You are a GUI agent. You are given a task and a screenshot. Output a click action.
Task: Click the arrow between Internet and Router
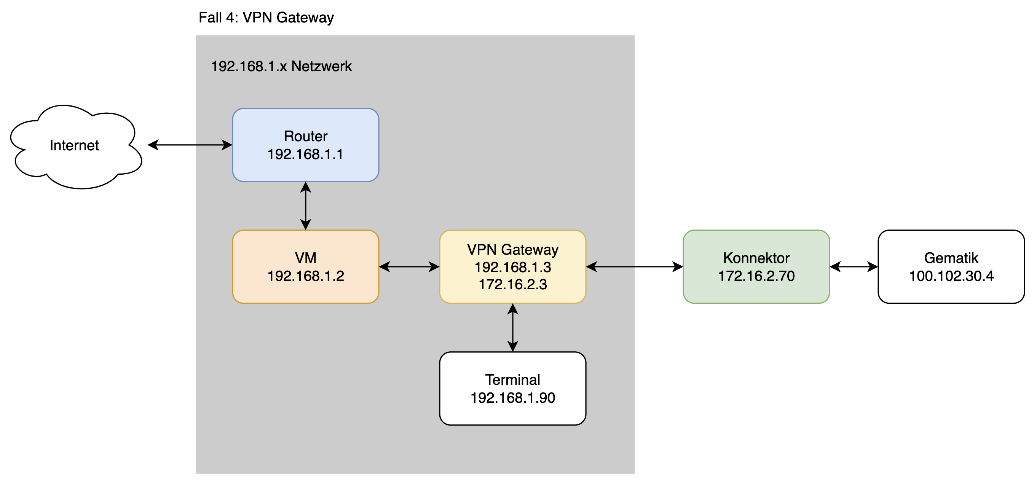[x=190, y=145]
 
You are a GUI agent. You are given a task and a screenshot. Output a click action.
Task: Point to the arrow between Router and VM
[x=305, y=206]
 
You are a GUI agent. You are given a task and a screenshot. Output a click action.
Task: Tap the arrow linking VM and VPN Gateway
[x=409, y=267]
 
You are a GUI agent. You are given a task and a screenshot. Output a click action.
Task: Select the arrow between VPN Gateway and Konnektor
[x=634, y=267]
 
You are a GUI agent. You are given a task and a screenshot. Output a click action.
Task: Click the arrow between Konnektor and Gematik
[x=854, y=267]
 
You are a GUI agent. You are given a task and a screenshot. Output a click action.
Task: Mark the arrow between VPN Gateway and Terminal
[x=512, y=328]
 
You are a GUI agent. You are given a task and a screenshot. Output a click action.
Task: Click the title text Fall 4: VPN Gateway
[x=266, y=18]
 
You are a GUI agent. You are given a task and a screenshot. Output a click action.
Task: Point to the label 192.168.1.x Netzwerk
[x=281, y=66]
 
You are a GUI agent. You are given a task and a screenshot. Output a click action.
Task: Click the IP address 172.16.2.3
[x=512, y=285]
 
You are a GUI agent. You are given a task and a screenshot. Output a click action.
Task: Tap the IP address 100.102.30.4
[x=951, y=276]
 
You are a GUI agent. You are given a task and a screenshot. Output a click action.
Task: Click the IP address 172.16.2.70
[x=756, y=276]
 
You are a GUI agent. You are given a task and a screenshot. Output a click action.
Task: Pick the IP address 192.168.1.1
[x=305, y=155]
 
